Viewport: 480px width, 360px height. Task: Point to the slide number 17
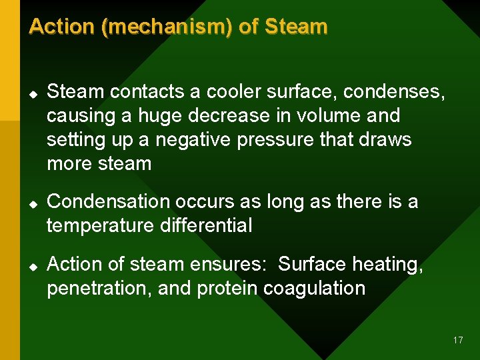pos(457,340)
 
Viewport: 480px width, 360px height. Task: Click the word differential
pos(206,225)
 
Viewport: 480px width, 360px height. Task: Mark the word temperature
pos(101,226)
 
